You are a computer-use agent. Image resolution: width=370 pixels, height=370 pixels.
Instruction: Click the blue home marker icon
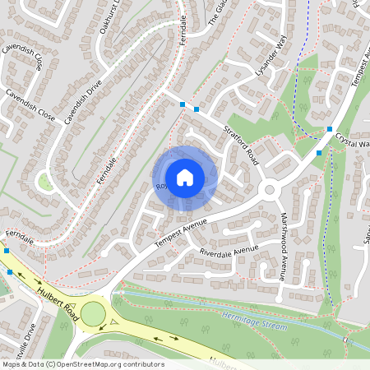tap(185, 178)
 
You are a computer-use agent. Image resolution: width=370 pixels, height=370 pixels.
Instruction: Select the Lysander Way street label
tap(275, 58)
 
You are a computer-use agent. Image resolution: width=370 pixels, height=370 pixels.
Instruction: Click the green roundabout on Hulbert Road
tap(92, 313)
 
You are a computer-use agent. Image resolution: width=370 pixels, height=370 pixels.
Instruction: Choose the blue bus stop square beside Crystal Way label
tap(330, 130)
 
